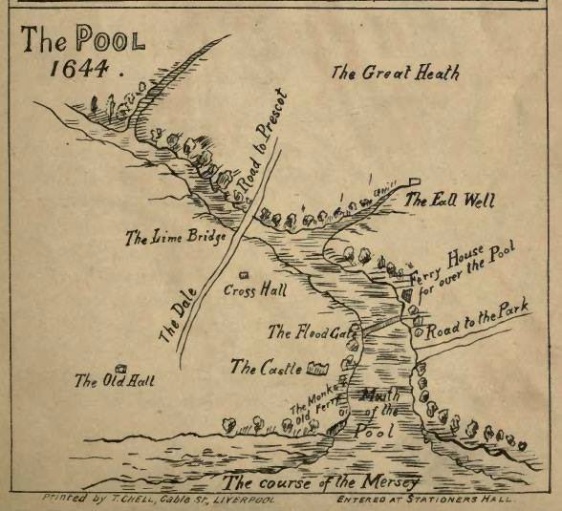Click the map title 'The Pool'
[84, 42]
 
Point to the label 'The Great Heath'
[395, 72]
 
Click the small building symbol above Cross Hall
[243, 275]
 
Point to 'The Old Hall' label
[115, 380]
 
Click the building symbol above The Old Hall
[120, 368]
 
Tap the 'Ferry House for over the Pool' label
[462, 276]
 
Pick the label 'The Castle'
[267, 367]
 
